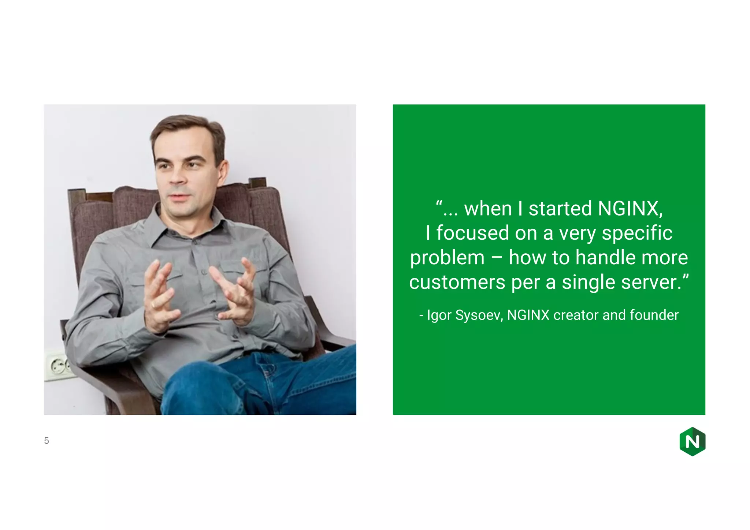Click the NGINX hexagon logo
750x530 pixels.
(692, 441)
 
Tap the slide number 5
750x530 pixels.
(47, 441)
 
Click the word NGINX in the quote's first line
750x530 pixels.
(630, 209)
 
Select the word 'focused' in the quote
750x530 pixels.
(473, 233)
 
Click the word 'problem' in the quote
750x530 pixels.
(447, 258)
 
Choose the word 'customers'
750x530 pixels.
(457, 282)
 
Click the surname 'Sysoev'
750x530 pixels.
(479, 315)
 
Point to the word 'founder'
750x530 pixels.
(654, 315)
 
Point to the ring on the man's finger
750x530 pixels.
(153, 305)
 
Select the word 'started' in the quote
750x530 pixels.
(561, 209)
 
